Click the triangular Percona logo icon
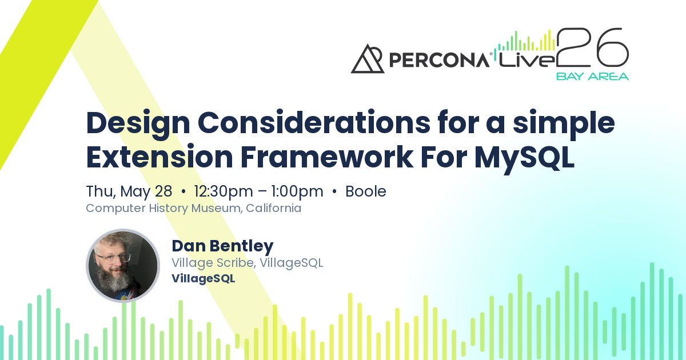tap(368, 59)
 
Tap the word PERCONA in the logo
tap(439, 60)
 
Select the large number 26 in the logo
tap(592, 47)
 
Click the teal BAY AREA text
tap(592, 77)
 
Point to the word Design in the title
tap(138, 123)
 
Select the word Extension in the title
tap(159, 157)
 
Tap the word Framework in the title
tap(327, 157)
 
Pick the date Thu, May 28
tap(129, 192)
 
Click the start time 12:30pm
tap(224, 192)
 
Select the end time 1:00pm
tap(297, 192)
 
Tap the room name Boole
tap(366, 191)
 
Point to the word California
tap(273, 208)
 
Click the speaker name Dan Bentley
tap(222, 246)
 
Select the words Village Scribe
tap(213, 263)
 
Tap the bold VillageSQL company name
tap(204, 279)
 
